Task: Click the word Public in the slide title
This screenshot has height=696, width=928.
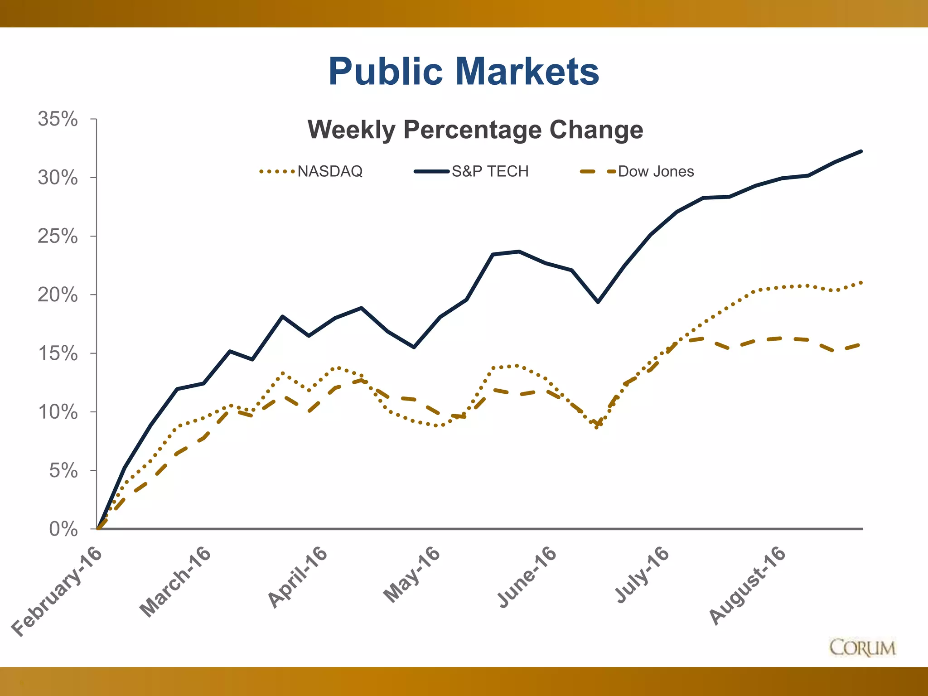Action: click(385, 72)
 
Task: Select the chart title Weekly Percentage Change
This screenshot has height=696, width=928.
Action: click(475, 130)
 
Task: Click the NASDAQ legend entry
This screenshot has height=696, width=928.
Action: click(329, 171)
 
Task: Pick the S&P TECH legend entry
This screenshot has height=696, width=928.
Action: click(490, 171)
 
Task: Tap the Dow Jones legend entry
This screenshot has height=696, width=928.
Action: click(655, 171)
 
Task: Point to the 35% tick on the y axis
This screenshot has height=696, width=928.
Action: click(58, 119)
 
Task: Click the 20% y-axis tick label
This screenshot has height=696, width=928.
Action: click(58, 295)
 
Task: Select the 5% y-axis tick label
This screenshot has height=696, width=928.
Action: click(63, 471)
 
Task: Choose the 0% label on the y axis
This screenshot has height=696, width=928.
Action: click(63, 529)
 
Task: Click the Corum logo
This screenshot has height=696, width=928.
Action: click(862, 648)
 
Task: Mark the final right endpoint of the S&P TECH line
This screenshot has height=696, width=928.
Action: click(861, 151)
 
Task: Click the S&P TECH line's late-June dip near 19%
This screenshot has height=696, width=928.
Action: click(598, 302)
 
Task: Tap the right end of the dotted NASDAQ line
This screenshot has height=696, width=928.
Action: click(861, 283)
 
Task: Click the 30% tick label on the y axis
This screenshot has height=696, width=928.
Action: click(58, 178)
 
